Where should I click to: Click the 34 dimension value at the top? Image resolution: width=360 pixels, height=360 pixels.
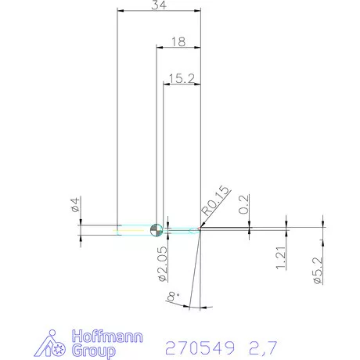159,5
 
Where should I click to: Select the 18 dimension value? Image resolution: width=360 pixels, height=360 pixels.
178,42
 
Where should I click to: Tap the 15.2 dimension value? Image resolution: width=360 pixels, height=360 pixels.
181,77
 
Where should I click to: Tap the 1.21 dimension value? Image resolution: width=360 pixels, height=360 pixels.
281,257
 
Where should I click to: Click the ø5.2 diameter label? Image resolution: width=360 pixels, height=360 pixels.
317,267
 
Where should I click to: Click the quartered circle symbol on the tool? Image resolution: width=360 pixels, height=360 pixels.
156,229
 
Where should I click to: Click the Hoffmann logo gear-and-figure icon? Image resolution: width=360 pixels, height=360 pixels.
54,344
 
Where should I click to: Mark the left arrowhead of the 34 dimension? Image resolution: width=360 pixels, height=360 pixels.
120,11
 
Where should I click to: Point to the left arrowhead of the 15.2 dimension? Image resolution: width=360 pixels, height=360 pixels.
166,84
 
